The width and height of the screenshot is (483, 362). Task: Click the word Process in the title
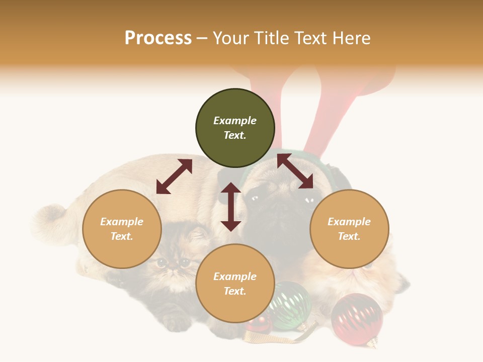(158, 38)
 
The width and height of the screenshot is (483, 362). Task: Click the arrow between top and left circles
(174, 176)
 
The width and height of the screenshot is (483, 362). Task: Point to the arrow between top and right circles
(295, 171)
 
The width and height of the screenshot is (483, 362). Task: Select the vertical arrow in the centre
(231, 207)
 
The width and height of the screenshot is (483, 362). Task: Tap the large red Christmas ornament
(357, 319)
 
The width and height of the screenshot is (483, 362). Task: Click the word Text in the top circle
(235, 135)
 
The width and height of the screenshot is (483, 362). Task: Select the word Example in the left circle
(122, 222)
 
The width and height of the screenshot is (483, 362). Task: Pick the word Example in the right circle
(349, 222)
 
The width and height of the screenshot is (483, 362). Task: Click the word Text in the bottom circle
(235, 291)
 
